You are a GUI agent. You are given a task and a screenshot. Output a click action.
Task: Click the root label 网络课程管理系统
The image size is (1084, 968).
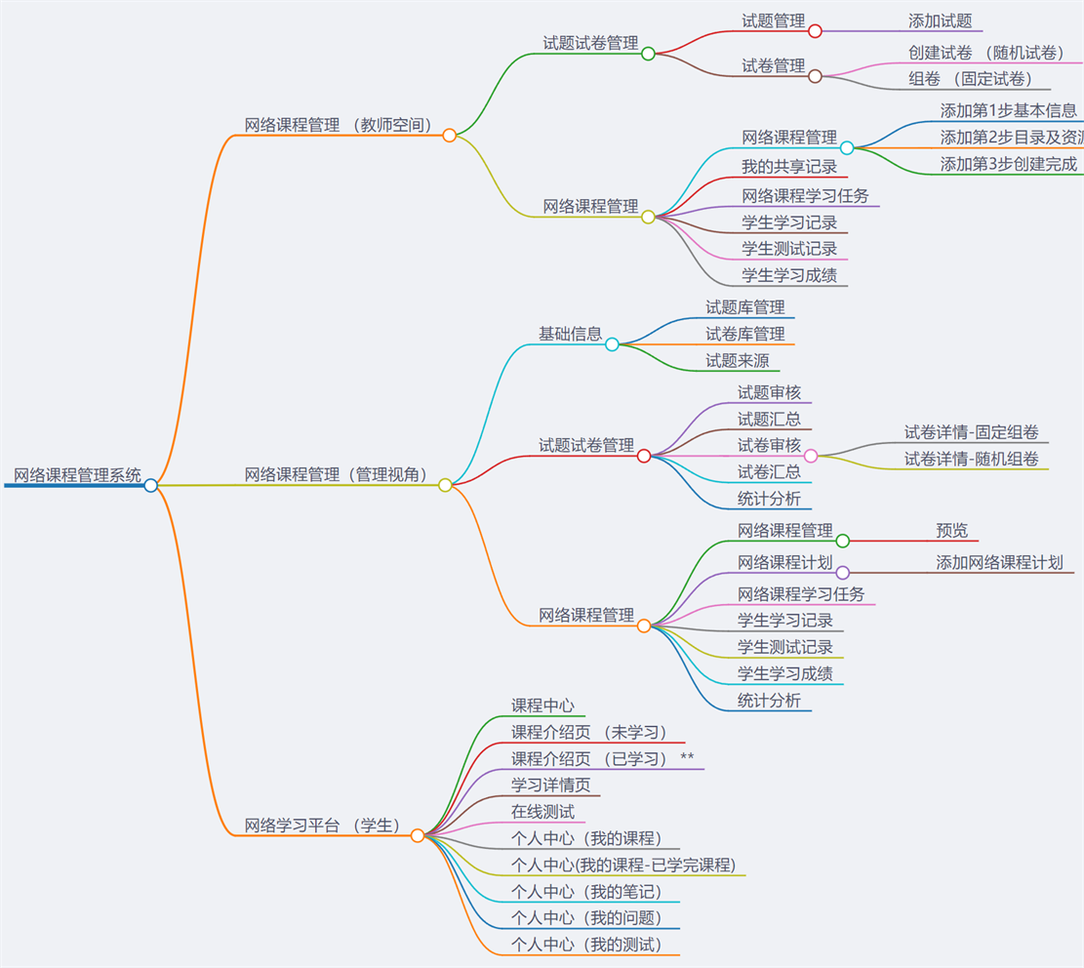(x=77, y=475)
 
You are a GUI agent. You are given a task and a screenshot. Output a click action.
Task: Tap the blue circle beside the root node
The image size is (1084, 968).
(x=150, y=485)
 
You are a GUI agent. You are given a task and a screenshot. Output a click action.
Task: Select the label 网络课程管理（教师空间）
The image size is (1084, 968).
(x=338, y=125)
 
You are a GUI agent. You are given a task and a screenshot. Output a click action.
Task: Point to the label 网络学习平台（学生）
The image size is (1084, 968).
(x=322, y=825)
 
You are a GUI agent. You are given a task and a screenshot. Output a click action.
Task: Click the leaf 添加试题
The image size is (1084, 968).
(x=940, y=20)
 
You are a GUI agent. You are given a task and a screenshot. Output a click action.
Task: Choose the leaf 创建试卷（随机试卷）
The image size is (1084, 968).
(x=985, y=53)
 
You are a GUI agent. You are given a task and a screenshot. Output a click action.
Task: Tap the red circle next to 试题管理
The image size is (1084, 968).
(x=815, y=31)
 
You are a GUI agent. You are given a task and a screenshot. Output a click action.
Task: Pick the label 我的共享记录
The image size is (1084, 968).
(x=788, y=167)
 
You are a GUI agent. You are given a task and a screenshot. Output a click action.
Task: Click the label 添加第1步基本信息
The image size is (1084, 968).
(x=1008, y=110)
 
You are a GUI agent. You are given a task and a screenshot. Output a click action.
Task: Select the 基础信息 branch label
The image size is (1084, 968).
(x=570, y=334)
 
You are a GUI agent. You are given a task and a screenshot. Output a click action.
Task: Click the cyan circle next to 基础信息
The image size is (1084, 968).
(x=612, y=344)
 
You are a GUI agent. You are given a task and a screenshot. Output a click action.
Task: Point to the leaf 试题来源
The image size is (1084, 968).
(x=737, y=361)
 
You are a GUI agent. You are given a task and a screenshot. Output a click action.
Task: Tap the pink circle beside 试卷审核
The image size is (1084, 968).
(x=811, y=456)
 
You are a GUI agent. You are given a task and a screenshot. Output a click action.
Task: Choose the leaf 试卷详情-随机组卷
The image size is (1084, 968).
(x=971, y=459)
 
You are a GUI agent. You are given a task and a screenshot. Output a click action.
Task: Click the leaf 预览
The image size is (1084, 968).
(x=951, y=531)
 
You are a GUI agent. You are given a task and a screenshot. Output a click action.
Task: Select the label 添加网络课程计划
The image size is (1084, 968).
(x=998, y=563)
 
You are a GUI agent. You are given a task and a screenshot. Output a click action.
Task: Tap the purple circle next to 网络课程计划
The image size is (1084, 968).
(x=843, y=573)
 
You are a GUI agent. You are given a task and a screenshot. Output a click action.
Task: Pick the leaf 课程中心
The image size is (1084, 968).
(x=542, y=706)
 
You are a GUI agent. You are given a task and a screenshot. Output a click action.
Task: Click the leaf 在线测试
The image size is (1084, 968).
(x=542, y=812)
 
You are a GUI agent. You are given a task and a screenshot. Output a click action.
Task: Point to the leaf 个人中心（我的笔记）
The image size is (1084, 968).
(x=585, y=892)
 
